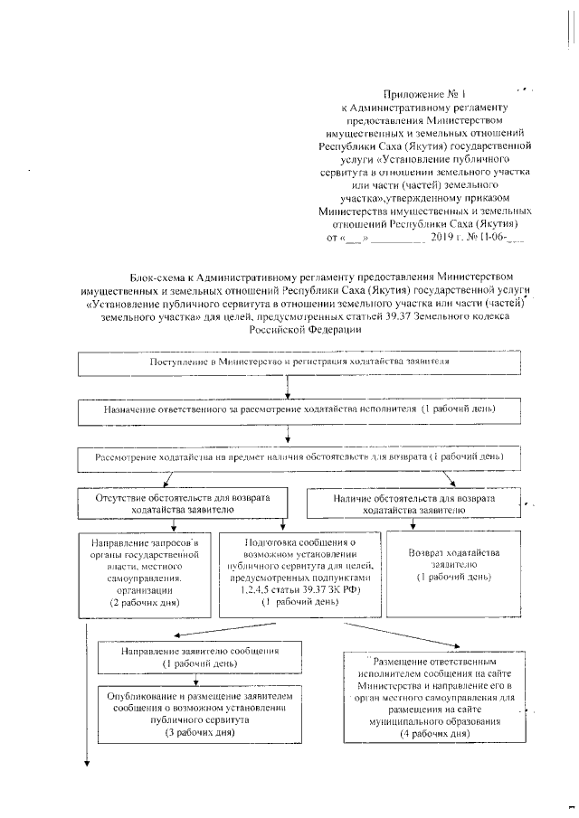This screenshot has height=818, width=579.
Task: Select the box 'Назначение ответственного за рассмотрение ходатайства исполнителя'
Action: [x=299, y=410]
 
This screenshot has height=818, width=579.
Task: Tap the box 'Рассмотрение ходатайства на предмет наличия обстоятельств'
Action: [x=299, y=458]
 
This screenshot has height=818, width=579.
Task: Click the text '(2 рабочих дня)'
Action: [x=145, y=601]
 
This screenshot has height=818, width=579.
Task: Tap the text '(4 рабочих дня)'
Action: [x=432, y=734]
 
